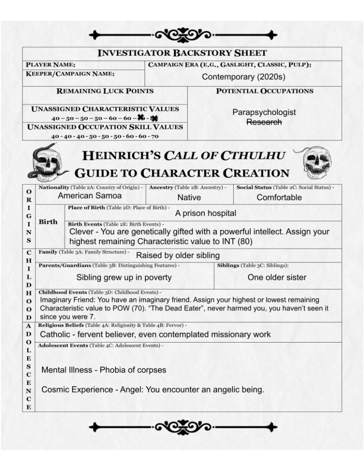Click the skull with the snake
[47, 163]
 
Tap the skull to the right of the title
[316, 162]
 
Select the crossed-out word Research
[264, 122]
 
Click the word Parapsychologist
[264, 112]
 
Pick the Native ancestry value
[189, 198]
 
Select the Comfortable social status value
[279, 198]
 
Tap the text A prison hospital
[206, 213]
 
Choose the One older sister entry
[277, 277]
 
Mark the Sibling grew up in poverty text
[124, 277]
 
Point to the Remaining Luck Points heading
[105, 91]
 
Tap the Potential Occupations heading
[265, 91]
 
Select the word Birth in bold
[48, 221]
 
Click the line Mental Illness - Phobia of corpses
[104, 370]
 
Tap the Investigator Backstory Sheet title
[182, 53]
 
